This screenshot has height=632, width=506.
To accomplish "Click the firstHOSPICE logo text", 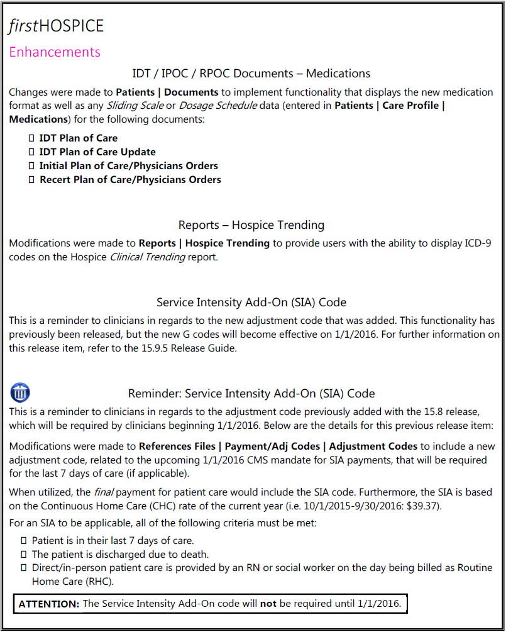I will (x=56, y=26).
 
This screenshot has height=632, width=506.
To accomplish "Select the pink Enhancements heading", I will (x=55, y=52).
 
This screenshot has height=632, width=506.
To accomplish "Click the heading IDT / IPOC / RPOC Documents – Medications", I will (x=251, y=74).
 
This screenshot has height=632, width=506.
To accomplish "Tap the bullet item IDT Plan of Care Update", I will (x=97, y=152).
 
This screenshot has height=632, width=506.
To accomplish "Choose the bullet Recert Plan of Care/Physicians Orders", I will (x=130, y=179).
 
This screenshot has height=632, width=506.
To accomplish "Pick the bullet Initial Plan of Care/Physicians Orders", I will (x=128, y=165).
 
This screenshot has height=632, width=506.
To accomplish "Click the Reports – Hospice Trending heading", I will (x=251, y=225).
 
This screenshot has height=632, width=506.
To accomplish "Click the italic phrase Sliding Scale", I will (x=135, y=106).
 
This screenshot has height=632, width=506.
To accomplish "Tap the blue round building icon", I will (x=20, y=393).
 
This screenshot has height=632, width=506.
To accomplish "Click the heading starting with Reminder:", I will (x=251, y=394).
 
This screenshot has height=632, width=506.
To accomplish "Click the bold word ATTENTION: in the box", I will (x=49, y=604).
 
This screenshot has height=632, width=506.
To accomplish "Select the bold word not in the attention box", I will (x=268, y=604).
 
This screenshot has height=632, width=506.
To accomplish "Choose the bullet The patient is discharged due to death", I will (x=120, y=554).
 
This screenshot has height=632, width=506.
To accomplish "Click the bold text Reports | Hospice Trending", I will (x=204, y=243).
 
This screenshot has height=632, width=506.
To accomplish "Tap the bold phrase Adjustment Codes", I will (x=373, y=446).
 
